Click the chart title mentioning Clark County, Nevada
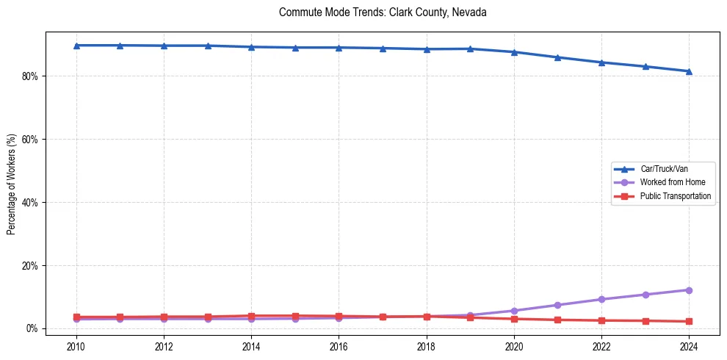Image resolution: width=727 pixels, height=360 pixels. click(x=383, y=12)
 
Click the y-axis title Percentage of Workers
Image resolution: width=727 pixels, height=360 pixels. click(x=12, y=184)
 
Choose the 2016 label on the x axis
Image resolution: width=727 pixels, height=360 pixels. click(x=339, y=347)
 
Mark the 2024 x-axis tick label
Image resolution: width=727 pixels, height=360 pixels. click(x=689, y=347)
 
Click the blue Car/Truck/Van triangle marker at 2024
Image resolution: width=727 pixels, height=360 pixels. click(x=689, y=71)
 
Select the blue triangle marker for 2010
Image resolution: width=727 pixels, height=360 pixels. click(x=76, y=46)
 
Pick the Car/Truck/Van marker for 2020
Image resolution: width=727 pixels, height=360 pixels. click(x=514, y=52)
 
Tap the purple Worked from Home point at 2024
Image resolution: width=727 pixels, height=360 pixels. click(x=689, y=290)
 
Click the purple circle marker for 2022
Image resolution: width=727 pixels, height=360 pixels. click(x=601, y=299)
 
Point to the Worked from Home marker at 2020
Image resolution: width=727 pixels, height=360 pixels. click(x=514, y=311)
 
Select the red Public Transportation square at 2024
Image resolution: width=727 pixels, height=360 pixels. click(x=689, y=321)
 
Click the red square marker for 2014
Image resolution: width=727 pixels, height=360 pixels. click(x=251, y=316)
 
